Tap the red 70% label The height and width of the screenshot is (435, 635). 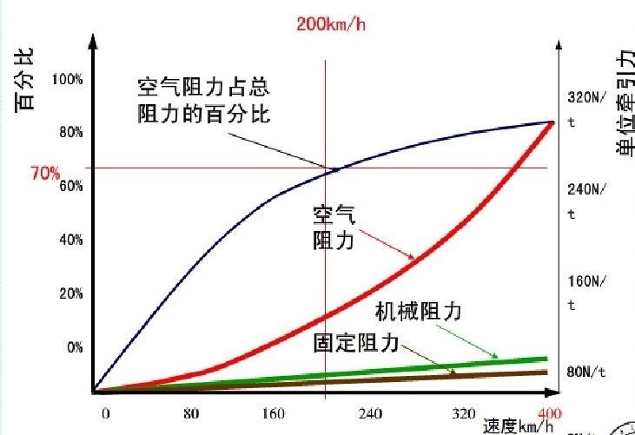(x=45, y=174)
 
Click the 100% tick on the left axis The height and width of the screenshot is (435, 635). (x=68, y=79)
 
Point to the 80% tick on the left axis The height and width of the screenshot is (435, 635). (x=70, y=132)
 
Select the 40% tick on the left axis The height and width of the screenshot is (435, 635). (x=70, y=240)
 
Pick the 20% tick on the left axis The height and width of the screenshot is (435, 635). (x=70, y=293)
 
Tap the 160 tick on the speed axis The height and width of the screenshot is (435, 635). (x=274, y=413)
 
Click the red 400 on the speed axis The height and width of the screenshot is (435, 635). (x=549, y=412)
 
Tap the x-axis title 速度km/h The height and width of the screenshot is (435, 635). (x=519, y=426)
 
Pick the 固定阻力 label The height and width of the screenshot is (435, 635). (x=355, y=342)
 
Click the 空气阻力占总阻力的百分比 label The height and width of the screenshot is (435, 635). (x=203, y=102)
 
